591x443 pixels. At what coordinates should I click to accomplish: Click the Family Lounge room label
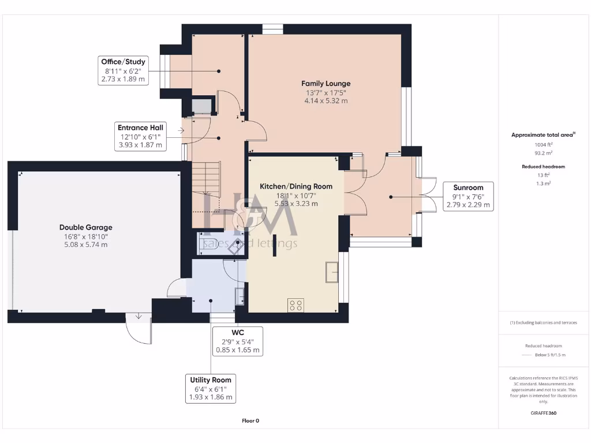point(328,84)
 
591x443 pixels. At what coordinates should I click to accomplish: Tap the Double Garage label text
point(85,227)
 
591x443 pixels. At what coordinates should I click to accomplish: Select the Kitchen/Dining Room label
point(295,186)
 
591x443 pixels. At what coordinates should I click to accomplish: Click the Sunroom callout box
point(468,196)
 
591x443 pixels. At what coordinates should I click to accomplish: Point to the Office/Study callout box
point(123,70)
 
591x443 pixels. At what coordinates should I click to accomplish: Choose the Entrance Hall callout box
point(140,137)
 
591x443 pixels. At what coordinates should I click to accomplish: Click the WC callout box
point(238,341)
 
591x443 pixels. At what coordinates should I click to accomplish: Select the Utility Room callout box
point(211,388)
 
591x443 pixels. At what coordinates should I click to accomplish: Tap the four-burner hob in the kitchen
point(296,305)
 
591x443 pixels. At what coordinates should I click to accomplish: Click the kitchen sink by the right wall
point(331,272)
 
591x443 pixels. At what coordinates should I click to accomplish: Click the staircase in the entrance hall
point(206,179)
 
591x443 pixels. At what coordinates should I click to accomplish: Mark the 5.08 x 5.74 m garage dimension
point(85,245)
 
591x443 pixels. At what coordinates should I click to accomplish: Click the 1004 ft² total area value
point(544,145)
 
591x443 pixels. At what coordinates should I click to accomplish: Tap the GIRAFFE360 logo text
point(544,413)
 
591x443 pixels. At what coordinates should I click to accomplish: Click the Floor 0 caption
point(250,421)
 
